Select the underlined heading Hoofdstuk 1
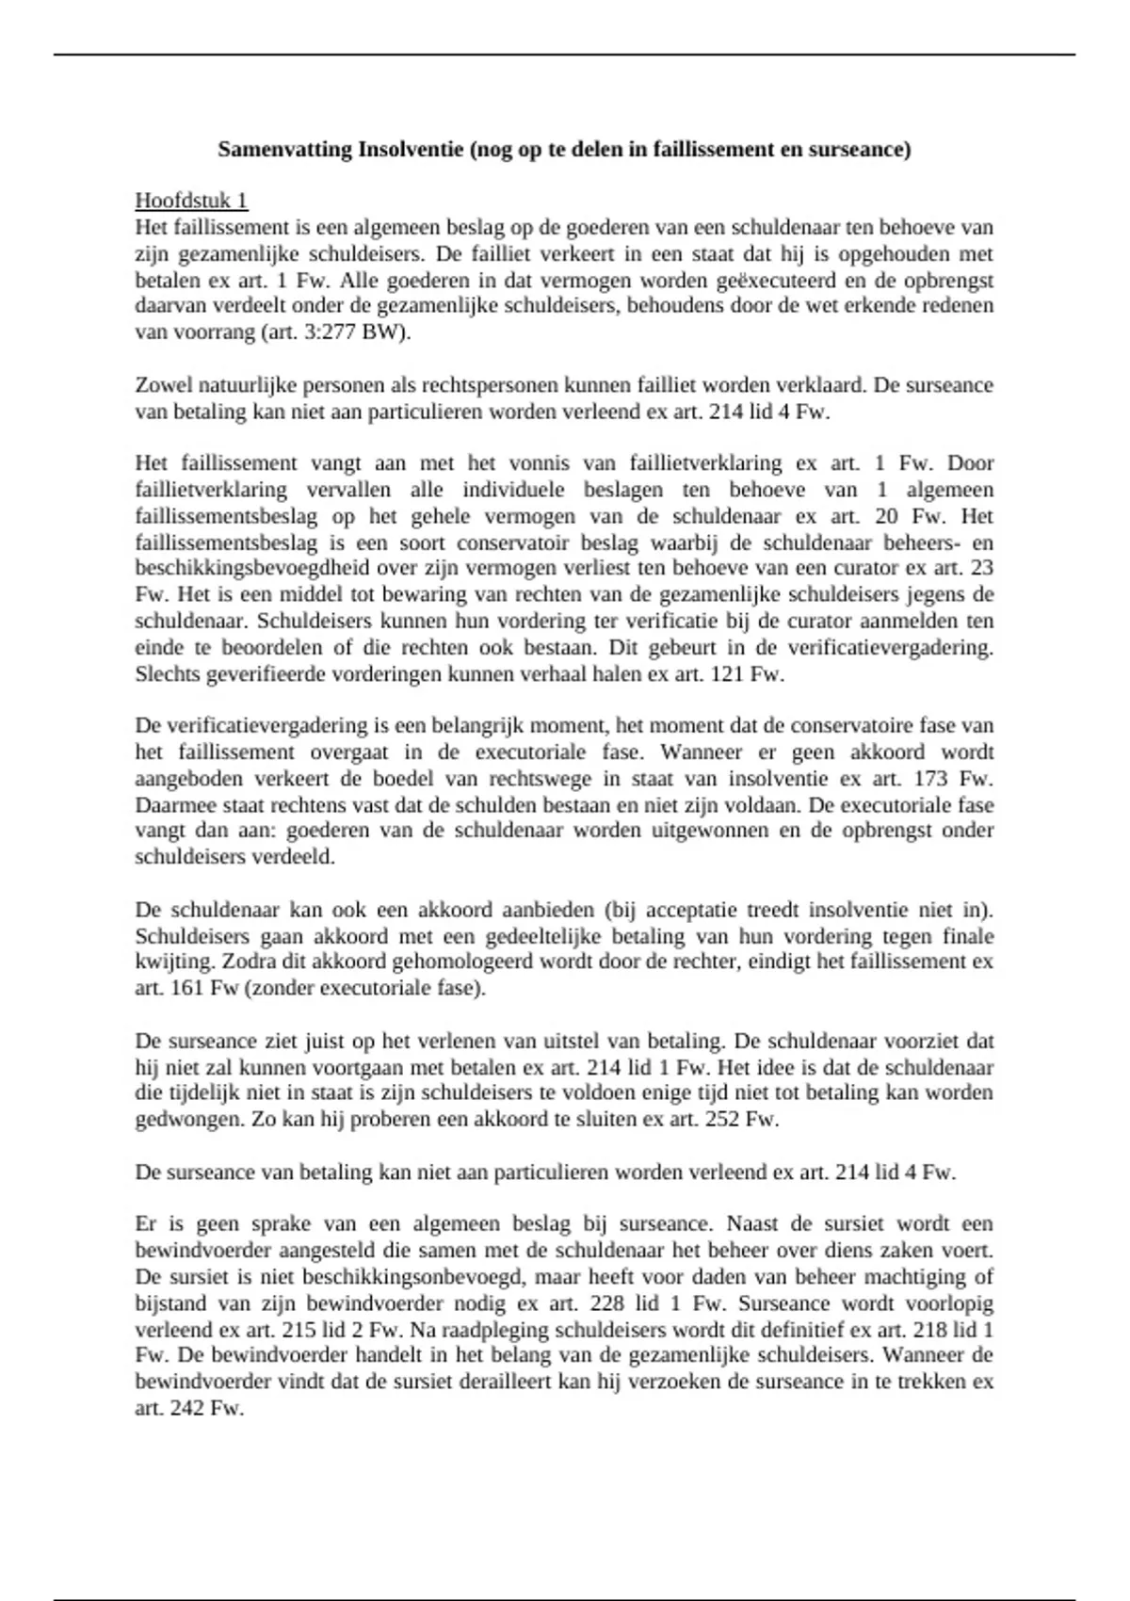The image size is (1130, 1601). point(191,201)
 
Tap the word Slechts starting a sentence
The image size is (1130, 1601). point(166,674)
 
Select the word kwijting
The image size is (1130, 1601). point(166,962)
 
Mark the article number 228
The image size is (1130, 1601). point(608,1304)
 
